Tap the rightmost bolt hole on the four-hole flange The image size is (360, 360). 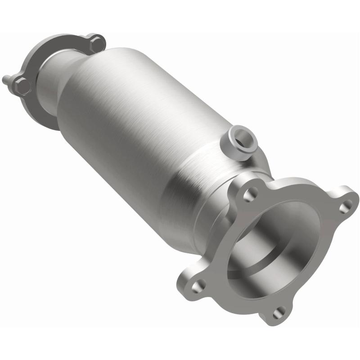coord(345,207)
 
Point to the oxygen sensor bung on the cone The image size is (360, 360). coord(239,142)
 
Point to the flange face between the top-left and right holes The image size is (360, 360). coord(297,189)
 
